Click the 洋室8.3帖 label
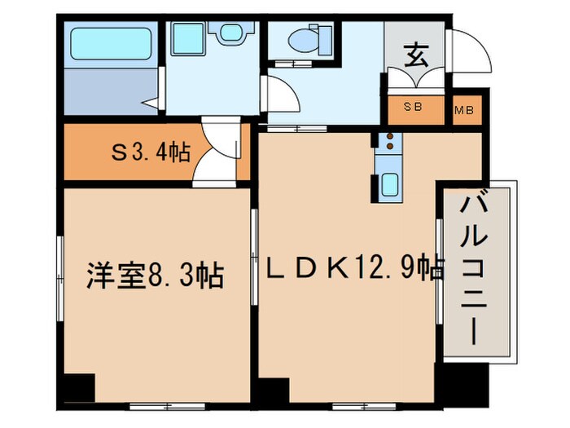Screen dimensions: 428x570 [155, 276]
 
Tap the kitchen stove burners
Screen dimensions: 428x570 [389, 142]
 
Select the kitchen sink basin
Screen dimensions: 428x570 [389, 183]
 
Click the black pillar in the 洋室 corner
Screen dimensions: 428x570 [79, 386]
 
